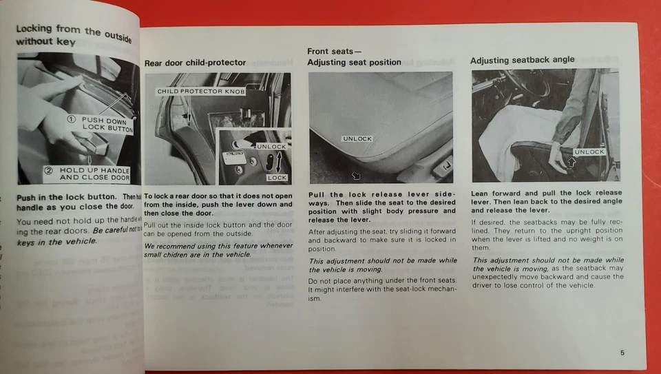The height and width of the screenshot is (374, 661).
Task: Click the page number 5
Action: coord(622,353)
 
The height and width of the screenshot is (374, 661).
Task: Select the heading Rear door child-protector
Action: coord(195,63)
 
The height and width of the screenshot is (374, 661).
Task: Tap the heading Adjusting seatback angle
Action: coord(522,60)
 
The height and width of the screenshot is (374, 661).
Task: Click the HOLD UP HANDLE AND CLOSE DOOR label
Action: coord(94,174)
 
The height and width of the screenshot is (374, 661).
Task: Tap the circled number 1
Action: coord(71,120)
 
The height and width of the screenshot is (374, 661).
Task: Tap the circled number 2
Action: coord(49,170)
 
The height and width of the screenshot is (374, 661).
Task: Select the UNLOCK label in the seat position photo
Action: coord(357,138)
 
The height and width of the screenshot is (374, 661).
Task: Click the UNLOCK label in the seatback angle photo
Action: coord(589,152)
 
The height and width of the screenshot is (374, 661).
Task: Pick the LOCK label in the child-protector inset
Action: coord(276,178)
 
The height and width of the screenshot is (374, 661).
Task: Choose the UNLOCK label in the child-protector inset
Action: coord(271,147)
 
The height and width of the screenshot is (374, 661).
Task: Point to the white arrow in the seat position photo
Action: coord(356,176)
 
